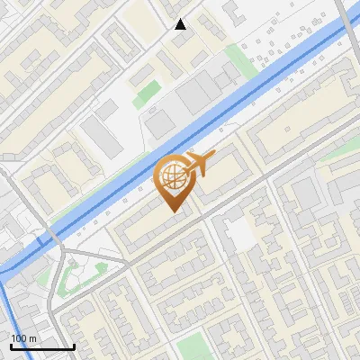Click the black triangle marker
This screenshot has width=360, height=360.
[x=180, y=24]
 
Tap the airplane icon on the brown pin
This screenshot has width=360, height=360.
[x=199, y=164]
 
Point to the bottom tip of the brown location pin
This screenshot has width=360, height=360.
[x=172, y=212]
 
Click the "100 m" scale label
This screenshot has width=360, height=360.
[x=24, y=337]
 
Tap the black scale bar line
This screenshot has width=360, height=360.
[x=41, y=346]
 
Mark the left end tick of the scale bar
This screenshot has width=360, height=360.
[x=10, y=345]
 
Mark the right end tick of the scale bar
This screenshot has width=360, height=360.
[x=74, y=345]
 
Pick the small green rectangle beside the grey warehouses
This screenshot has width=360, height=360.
[x=147, y=94]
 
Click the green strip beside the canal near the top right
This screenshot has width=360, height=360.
[x=238, y=59]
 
